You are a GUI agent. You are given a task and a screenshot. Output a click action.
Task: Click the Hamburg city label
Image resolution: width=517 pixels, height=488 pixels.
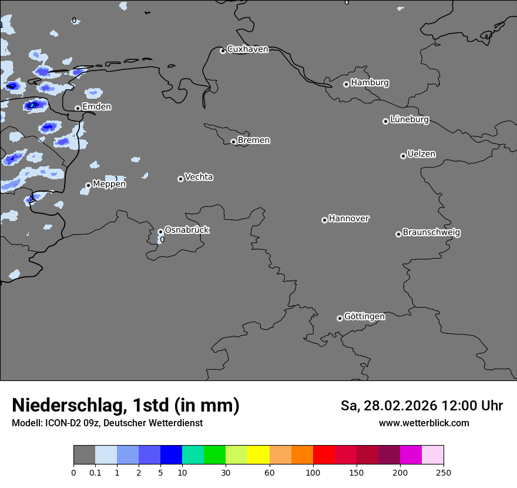coord(370,83)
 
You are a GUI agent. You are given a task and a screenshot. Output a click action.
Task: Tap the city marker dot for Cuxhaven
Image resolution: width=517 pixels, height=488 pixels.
coord(223,51)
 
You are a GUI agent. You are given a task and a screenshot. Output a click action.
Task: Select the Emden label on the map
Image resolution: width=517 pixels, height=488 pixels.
coord(96,107)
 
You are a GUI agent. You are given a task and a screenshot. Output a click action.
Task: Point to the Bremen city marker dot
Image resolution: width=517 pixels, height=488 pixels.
coord(233,142)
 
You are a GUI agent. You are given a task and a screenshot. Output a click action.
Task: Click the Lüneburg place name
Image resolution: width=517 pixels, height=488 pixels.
coord(409,120)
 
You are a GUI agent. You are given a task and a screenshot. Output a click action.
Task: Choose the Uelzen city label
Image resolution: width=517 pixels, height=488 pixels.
coord(421,155)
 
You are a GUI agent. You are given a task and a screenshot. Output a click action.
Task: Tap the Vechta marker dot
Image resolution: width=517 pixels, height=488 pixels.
coord(180,179)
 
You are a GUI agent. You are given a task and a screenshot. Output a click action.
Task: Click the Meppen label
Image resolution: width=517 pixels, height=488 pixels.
coord(109,185)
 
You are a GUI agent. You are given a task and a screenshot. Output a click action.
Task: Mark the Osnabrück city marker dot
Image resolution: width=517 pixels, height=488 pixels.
coord(160,232)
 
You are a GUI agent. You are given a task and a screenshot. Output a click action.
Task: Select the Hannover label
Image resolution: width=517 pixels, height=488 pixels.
coord(348,219)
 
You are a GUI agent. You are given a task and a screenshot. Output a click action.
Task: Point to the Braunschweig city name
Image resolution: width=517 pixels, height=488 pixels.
coord(431,233)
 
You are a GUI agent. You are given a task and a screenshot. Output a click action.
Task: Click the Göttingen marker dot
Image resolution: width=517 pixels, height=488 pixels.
coord(340,318)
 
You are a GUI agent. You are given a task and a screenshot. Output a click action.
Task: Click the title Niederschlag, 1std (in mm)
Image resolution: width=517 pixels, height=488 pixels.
coord(126,405)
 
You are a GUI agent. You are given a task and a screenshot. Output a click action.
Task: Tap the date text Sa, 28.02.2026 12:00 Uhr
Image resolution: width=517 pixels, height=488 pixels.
coord(421,406)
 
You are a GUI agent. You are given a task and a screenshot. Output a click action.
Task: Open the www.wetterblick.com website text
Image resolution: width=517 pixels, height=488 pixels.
coord(424,423)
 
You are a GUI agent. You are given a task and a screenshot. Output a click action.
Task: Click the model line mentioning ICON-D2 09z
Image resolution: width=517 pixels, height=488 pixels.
coord(107,423)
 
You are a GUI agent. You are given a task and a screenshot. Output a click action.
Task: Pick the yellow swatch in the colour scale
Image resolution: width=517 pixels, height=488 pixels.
coord(258,455)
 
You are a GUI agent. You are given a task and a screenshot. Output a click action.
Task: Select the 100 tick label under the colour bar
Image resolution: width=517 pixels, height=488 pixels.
coord(313,472)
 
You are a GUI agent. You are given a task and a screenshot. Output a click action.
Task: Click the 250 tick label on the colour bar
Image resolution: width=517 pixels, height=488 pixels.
coord(444,472)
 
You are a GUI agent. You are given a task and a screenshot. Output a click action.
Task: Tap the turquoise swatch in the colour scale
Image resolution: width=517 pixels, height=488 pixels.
coord(193,455)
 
